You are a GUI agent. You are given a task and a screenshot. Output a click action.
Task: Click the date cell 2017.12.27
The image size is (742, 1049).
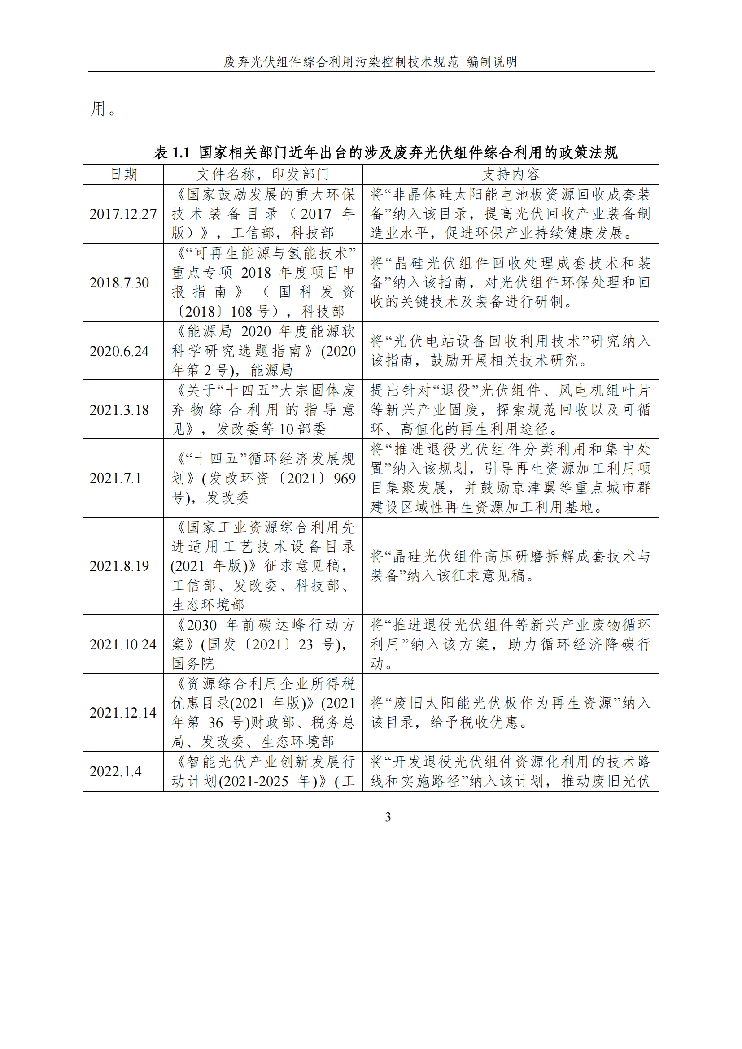123,214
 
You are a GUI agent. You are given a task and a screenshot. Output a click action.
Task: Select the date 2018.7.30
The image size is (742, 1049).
119,283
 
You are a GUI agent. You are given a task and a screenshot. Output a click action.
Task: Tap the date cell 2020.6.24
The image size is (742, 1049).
119,351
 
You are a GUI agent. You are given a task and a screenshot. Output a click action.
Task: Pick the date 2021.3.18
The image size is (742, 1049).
119,410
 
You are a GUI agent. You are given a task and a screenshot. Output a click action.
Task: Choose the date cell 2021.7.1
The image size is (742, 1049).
115,479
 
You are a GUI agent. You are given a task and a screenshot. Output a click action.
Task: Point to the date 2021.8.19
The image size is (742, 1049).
119,566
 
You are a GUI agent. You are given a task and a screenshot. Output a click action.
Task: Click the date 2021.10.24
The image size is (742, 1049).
123,644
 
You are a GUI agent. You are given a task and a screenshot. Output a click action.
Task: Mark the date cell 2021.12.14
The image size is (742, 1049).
123,713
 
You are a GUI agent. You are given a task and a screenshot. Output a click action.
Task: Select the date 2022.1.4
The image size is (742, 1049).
115,772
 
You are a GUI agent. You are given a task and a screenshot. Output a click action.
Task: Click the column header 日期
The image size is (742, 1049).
123,174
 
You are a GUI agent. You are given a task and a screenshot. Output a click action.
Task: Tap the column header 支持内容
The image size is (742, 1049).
511,174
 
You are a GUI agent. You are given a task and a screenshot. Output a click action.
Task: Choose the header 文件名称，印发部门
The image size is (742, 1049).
263,174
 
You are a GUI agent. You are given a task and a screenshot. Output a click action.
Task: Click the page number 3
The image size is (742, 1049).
388,817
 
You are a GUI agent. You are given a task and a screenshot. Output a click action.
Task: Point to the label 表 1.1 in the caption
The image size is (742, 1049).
171,152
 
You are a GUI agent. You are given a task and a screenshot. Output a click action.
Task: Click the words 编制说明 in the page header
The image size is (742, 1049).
492,62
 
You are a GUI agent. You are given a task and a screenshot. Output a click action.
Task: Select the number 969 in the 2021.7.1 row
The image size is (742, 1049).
345,479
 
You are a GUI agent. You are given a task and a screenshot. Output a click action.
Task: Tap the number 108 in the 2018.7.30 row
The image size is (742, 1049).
242,312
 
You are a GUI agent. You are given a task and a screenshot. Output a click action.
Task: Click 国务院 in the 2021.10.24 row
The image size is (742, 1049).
193,663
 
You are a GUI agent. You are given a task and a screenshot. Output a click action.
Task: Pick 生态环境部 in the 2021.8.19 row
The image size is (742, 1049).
208,605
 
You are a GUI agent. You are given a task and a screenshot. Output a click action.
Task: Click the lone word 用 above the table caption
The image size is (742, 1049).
98,109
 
